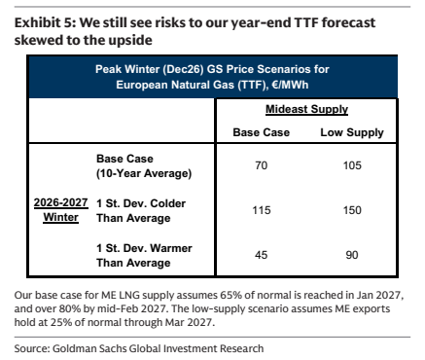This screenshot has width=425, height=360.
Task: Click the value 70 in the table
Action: coord(262,165)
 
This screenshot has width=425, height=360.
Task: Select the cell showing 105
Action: coord(352,165)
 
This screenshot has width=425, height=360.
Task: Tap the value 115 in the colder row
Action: coord(262,210)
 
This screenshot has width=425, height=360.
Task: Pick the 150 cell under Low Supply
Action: coord(352,210)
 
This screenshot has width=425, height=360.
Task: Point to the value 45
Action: coord(262,255)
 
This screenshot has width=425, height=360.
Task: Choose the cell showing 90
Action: coord(352,255)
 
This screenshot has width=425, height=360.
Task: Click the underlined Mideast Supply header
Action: coord(306,109)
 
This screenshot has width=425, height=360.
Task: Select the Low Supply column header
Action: coord(352,132)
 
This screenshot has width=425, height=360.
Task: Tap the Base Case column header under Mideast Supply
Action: coord(262,132)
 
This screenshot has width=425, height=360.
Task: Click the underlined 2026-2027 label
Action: coord(60,202)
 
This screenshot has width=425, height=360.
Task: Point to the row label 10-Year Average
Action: coord(144,173)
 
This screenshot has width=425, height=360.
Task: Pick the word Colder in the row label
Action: coord(168,203)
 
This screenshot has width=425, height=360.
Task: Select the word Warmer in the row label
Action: coord(171,248)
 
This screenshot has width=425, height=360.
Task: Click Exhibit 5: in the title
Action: coord(45,22)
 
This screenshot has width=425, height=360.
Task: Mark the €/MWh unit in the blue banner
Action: coord(290,85)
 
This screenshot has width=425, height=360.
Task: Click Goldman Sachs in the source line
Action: coord(89,348)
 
